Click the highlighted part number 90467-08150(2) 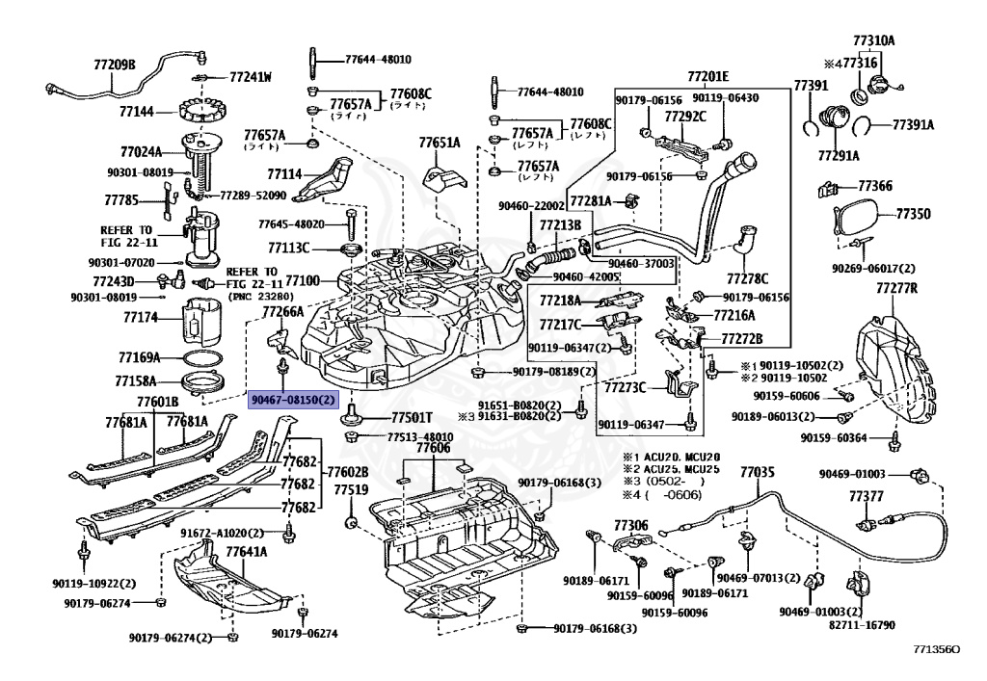click(x=295, y=399)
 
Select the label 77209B click(x=115, y=65)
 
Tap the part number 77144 click(x=136, y=112)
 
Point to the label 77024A click(x=141, y=151)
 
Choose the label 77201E click(x=707, y=76)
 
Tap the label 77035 click(x=757, y=472)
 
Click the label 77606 click(x=433, y=448)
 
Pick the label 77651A click(x=439, y=143)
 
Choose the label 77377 click(x=866, y=495)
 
